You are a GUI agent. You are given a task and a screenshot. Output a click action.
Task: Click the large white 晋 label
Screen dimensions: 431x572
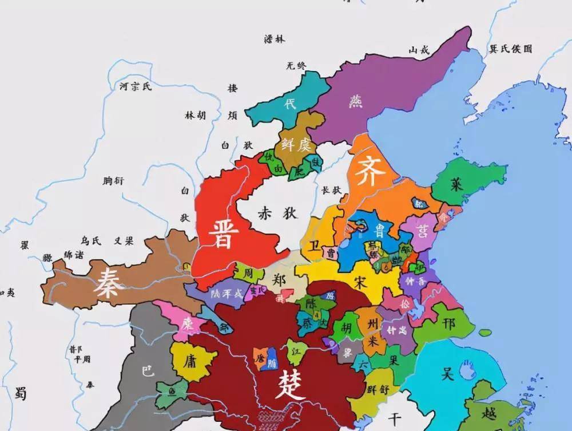point(220,232)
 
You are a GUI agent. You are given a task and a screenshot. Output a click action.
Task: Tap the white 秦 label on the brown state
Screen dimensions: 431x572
point(110,282)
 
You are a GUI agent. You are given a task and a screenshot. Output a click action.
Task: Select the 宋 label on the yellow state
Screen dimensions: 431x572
point(359,282)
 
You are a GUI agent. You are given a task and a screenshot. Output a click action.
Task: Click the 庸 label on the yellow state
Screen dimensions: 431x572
point(190,361)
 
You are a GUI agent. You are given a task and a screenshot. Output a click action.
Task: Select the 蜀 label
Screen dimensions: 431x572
point(21,392)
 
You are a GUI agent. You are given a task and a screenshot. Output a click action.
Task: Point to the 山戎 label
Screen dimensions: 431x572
point(418,50)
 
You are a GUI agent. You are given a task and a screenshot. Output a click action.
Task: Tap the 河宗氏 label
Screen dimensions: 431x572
point(136,87)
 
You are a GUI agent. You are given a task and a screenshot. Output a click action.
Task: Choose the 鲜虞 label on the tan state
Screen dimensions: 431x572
point(295,145)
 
